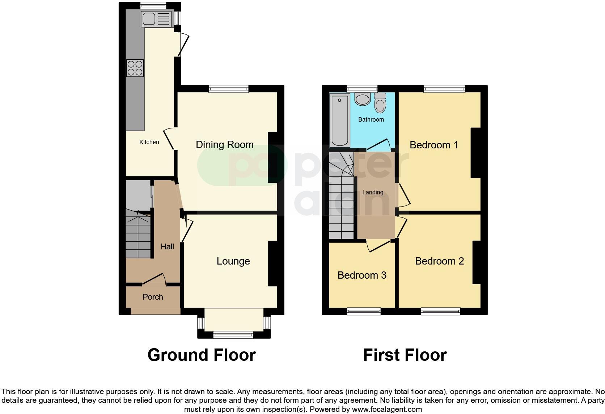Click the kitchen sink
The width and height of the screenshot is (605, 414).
pyautogui.click(x=156, y=19)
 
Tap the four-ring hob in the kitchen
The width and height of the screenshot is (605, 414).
pyautogui.click(x=135, y=68)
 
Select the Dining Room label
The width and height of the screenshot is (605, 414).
pyautogui.click(x=224, y=145)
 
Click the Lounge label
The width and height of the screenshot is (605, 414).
pyautogui.click(x=233, y=261)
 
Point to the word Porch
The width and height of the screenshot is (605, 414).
pyautogui.click(x=153, y=297)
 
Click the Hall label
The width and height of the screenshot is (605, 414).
pyautogui.click(x=167, y=247)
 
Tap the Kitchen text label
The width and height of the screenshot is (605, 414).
pyautogui.click(x=149, y=142)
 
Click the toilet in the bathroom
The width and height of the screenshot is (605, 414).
pyautogui.click(x=380, y=103)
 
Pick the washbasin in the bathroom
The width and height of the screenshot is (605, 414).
pyautogui.click(x=362, y=99)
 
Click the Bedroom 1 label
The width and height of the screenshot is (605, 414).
pyautogui.click(x=433, y=145)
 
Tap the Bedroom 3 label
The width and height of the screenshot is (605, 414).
pyautogui.click(x=361, y=275)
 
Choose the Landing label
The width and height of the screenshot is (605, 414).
pyautogui.click(x=373, y=193)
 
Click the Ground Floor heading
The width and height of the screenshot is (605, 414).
pyautogui.click(x=202, y=355)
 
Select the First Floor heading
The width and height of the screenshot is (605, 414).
pyautogui.click(x=405, y=355)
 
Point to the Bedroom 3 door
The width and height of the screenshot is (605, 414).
pyautogui.click(x=378, y=246)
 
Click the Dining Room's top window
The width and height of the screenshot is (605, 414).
pyautogui.click(x=229, y=89)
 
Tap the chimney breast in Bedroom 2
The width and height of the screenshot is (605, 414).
pyautogui.click(x=477, y=262)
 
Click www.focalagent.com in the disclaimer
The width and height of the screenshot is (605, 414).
pyautogui.click(x=387, y=410)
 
